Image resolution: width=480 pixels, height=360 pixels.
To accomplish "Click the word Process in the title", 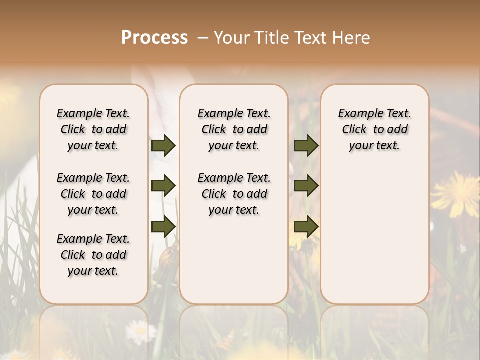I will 154,38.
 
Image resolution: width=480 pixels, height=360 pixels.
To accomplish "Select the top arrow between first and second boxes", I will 163,146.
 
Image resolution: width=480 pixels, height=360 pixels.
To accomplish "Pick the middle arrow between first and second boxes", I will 163,186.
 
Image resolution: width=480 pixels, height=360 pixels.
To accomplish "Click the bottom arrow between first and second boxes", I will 163,226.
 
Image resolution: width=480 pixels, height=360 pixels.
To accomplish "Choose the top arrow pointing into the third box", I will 306,146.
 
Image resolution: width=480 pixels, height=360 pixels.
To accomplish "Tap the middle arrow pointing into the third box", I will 306,186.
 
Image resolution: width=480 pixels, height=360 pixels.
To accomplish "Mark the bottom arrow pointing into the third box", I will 306,226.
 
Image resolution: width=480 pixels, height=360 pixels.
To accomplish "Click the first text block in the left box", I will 93,129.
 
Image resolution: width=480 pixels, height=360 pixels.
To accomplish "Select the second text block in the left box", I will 93,194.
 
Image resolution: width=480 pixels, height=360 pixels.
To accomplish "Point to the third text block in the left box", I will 93,255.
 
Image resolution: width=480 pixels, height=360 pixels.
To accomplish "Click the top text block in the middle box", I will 234,129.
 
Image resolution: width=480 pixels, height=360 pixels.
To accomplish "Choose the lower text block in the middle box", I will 234,194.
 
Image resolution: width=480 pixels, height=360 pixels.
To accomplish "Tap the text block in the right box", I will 374,129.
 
